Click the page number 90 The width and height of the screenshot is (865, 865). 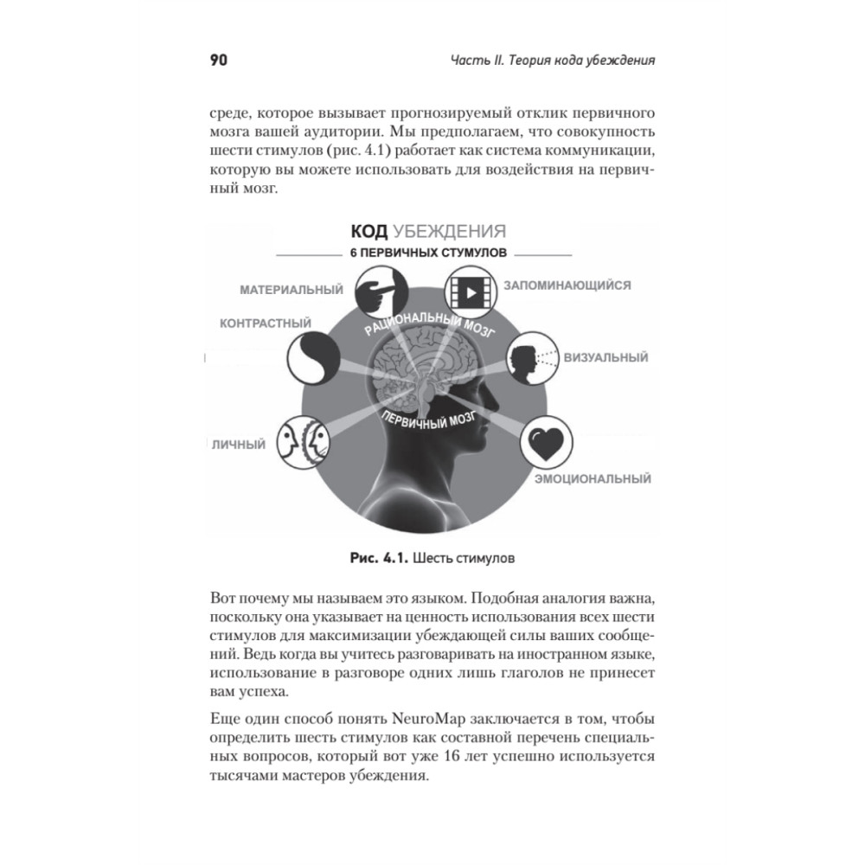(218, 61)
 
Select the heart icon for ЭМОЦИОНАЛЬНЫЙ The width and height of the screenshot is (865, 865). (546, 444)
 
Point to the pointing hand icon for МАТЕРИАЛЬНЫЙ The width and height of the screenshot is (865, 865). (377, 292)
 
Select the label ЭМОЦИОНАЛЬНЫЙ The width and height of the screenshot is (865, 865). (592, 477)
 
